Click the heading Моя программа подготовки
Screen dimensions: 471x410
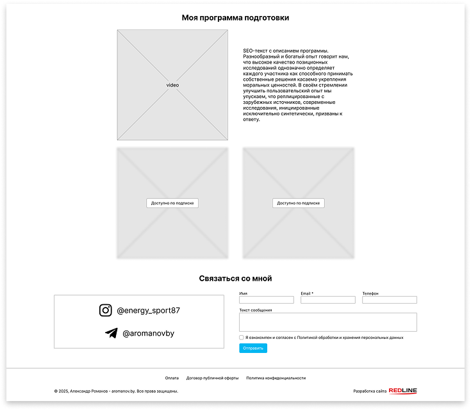pos(235,18)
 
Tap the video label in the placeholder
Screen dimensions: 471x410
pos(172,85)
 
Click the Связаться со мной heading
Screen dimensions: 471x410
pos(235,279)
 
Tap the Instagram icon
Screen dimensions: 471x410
pos(106,310)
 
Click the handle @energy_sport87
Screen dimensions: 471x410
pos(148,310)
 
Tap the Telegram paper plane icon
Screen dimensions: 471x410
pos(112,333)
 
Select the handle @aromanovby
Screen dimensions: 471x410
pos(149,333)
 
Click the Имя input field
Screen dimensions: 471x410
pos(267,300)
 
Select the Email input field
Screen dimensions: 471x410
pos(328,300)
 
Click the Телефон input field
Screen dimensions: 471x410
pos(390,300)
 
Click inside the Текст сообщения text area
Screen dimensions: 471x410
pos(328,322)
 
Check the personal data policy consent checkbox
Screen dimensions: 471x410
pos(241,338)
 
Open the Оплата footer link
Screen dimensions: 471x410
pos(172,378)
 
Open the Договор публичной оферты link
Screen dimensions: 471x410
pos(212,378)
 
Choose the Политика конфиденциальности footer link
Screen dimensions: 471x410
pos(276,378)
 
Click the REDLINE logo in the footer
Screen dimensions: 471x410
pos(403,391)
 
